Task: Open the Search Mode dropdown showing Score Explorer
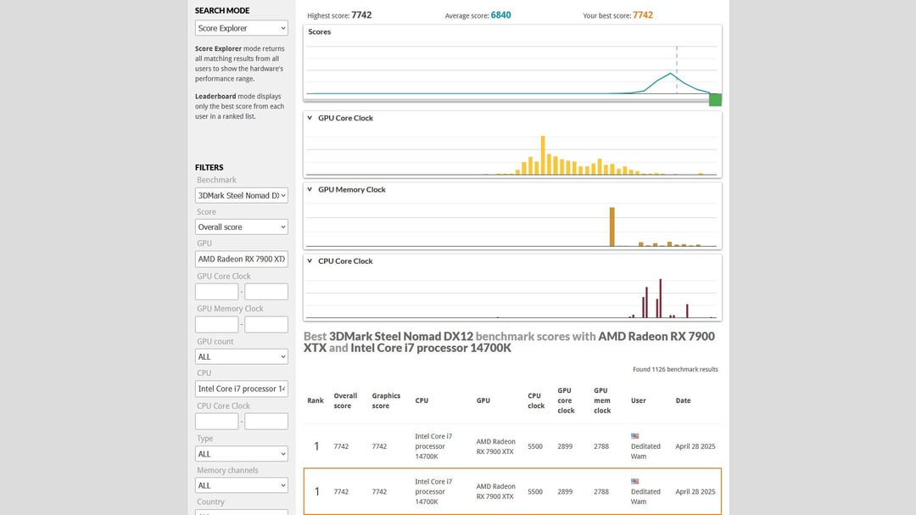point(241,28)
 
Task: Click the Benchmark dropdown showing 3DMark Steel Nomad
point(241,195)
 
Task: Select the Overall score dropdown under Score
point(241,227)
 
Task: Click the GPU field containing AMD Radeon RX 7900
point(241,259)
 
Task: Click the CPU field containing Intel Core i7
point(241,389)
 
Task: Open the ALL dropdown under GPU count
point(241,356)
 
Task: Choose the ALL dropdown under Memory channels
point(241,485)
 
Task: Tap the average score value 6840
point(500,15)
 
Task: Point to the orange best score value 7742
point(643,15)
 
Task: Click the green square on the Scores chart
point(715,99)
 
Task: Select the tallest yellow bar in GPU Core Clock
point(543,155)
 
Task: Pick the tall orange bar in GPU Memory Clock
point(612,227)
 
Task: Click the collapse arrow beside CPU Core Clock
point(310,260)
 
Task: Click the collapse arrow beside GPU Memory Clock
point(310,189)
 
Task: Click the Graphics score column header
point(386,400)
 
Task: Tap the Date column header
point(683,400)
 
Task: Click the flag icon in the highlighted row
point(635,481)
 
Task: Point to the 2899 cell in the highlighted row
point(565,491)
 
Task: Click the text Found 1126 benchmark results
point(675,369)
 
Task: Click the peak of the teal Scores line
point(671,74)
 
